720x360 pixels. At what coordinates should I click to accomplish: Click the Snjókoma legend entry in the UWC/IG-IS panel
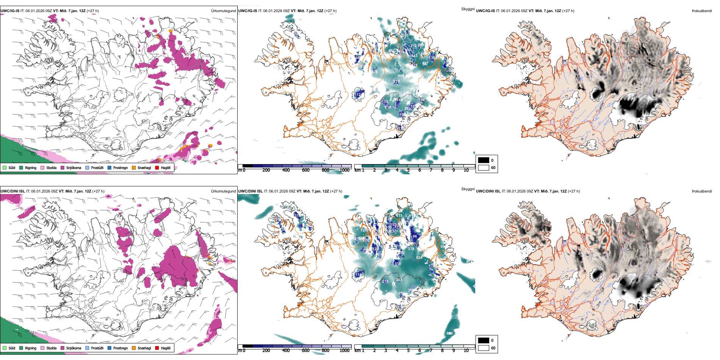pos(74,167)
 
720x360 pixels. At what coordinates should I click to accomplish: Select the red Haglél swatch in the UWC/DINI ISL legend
pos(157,348)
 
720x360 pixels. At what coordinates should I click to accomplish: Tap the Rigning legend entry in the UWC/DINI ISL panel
pos(31,348)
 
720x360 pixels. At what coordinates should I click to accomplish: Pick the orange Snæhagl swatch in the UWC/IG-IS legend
pos(134,167)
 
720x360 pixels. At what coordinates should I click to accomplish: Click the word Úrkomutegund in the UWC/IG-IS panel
pos(223,11)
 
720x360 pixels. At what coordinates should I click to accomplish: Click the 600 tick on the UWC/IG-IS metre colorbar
pos(305,170)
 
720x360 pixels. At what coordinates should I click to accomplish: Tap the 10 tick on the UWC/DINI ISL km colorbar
pos(466,351)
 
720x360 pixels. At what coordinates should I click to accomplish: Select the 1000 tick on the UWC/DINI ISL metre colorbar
pos(344,351)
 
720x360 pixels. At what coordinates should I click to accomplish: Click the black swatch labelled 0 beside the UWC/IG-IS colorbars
pos(484,160)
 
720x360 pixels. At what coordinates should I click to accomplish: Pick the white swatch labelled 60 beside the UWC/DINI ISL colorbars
pos(484,348)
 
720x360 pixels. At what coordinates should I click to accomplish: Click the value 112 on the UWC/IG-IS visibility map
pos(358,95)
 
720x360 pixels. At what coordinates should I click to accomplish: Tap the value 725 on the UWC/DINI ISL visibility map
pos(363,230)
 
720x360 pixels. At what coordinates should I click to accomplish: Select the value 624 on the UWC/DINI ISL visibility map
pos(419,258)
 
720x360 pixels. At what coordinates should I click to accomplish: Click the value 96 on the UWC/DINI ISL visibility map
pos(415,236)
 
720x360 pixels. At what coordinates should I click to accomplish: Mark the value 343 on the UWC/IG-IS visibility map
pos(414,56)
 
